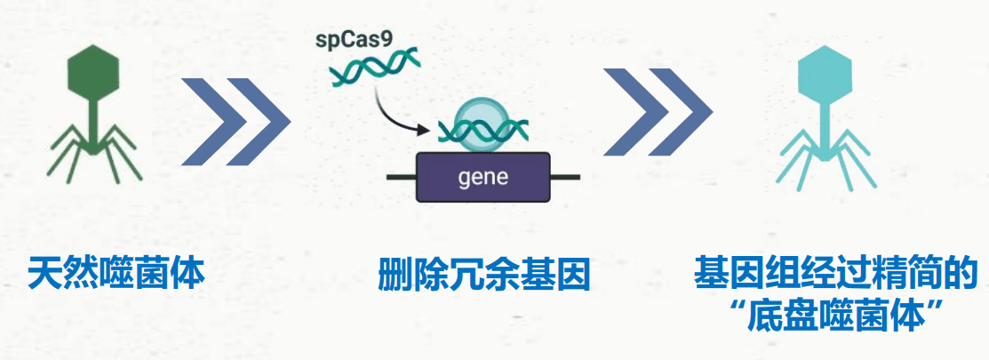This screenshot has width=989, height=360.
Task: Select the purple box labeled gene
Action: pos(483,176)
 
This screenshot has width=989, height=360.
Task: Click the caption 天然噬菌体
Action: pos(116,273)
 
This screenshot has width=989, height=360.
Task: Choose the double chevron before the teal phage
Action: pos(658,121)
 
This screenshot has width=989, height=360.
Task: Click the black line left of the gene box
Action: pos(402,177)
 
